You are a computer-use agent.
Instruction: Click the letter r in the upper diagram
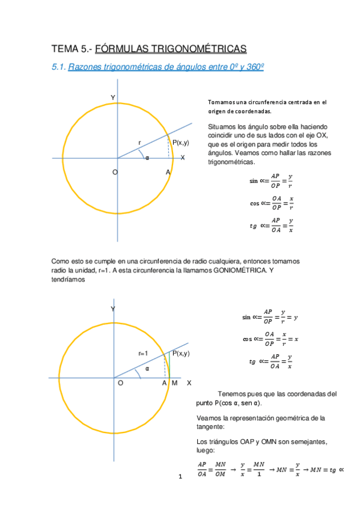tap(139, 143)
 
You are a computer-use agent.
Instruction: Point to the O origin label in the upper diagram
tap(115, 173)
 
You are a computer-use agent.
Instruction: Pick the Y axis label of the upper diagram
tap(112, 97)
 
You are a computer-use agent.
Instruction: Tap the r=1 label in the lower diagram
tap(143, 354)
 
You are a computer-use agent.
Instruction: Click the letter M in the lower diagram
tap(174, 383)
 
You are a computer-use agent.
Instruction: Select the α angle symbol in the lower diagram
tap(147, 368)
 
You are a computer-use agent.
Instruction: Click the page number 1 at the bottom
tap(180, 477)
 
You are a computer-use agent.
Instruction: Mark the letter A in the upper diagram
tap(168, 173)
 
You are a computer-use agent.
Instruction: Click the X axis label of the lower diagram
tap(189, 383)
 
